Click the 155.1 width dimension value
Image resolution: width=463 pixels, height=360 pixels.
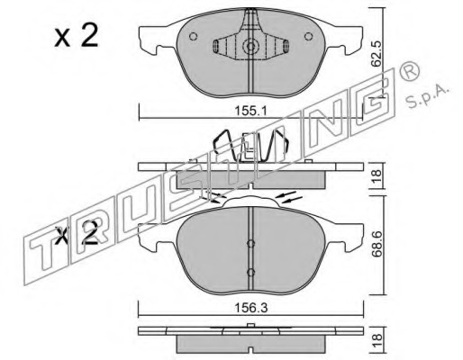pos(250,112)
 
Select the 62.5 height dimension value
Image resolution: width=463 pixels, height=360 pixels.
pos(376,54)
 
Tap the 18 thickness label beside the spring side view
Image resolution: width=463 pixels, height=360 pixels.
pos(377,175)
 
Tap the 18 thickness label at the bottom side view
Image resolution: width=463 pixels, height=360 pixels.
pos(377,341)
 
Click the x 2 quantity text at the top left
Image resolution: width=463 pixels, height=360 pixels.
pos(77,35)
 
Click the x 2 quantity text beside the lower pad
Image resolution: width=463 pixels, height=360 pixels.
pos(77,233)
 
